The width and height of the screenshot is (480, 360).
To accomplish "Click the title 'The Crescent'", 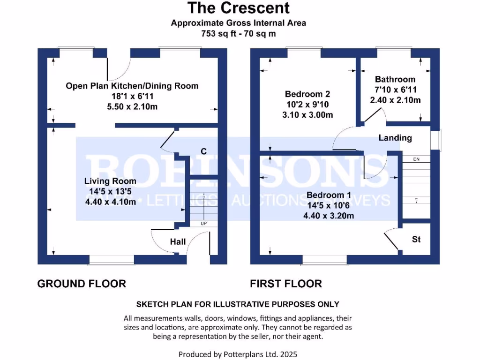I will click(x=239, y=8).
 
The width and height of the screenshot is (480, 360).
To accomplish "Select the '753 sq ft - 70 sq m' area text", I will click(x=239, y=33).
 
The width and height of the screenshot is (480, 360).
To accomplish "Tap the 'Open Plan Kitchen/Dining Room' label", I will click(x=132, y=86).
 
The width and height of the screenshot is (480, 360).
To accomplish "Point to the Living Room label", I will click(x=110, y=181).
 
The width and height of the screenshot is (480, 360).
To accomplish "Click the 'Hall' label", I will click(x=178, y=242).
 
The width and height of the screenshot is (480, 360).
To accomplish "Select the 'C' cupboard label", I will click(x=203, y=151).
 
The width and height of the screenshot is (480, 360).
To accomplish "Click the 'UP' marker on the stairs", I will click(x=203, y=224).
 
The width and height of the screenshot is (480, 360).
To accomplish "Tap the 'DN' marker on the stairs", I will click(x=416, y=160).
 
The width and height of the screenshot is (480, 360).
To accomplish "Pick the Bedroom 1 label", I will click(x=328, y=195).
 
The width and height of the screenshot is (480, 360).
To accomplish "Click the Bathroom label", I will click(x=395, y=79).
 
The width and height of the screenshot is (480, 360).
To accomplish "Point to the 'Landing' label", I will click(x=395, y=138).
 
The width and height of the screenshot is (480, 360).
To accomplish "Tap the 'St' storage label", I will click(x=416, y=240).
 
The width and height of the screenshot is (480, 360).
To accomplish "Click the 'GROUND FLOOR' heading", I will click(x=82, y=284).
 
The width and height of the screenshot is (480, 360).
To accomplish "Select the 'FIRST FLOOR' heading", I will click(x=286, y=284).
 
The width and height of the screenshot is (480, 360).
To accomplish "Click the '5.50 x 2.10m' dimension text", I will click(x=132, y=106).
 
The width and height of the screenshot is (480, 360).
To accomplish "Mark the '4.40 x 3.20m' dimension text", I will click(x=328, y=216).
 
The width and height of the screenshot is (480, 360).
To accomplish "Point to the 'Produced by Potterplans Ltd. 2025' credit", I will click(x=238, y=354).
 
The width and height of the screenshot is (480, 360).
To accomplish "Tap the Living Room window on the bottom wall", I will click(x=112, y=260).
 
